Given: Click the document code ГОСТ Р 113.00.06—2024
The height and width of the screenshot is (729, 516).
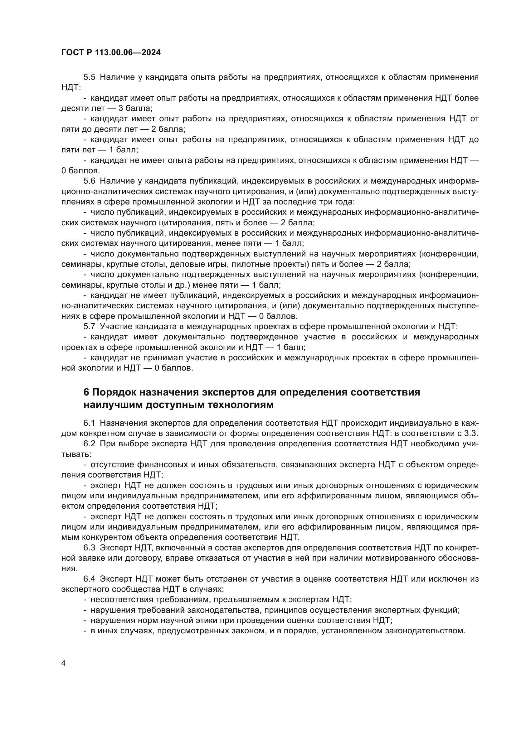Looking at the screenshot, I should pyautogui.click(x=111, y=53).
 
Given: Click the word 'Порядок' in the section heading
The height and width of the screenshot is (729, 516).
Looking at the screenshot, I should pyautogui.click(x=113, y=393).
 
